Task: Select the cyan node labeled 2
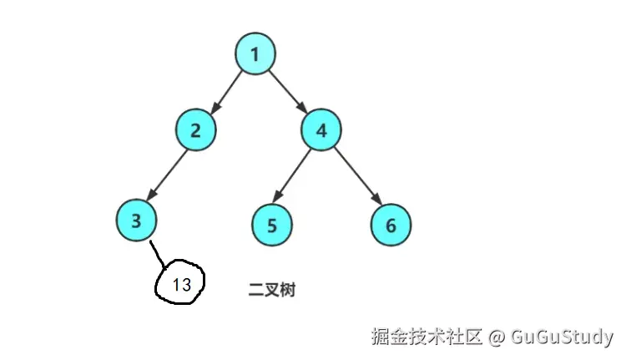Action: tap(196, 129)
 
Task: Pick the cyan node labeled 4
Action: tap(321, 129)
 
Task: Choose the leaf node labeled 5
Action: tap(272, 225)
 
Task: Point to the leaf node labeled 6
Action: tap(391, 225)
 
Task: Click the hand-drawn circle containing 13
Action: tap(181, 284)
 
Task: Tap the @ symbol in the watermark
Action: tap(497, 337)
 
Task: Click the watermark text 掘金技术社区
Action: tap(427, 337)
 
